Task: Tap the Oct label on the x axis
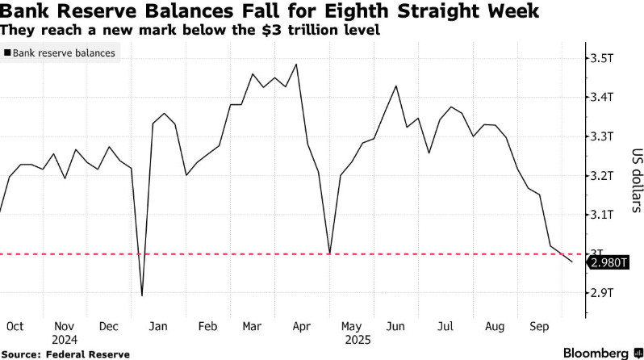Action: (15, 326)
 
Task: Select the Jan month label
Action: (158, 326)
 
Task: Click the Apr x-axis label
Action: (303, 326)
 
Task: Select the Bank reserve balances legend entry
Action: (61, 53)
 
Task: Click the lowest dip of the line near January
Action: (142, 295)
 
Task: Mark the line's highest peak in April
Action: (298, 65)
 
